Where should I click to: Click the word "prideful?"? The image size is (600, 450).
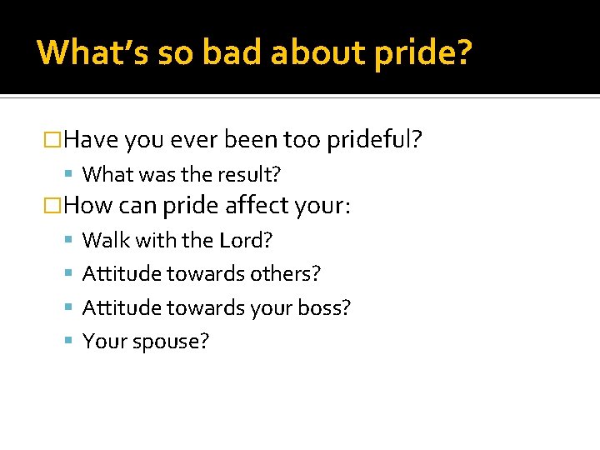[x=374, y=139]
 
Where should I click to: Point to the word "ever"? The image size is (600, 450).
[x=193, y=139]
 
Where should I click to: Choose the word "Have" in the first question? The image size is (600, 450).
[x=91, y=139]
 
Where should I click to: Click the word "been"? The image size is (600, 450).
[x=251, y=139]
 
